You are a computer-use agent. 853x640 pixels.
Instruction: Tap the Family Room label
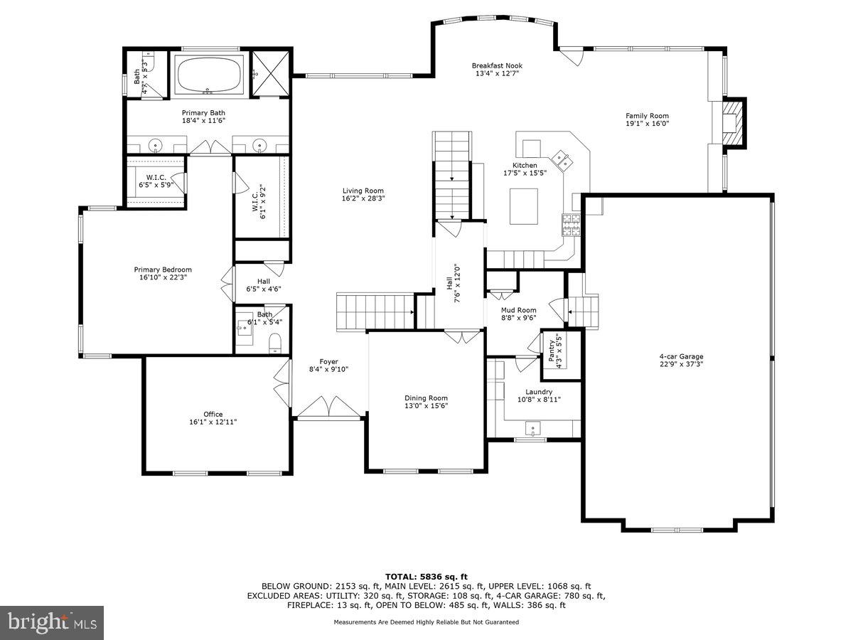(647, 116)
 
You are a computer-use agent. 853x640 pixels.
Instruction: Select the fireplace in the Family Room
(732, 122)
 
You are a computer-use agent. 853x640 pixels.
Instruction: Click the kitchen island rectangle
(525, 206)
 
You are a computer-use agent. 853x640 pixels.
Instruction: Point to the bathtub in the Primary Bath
(210, 75)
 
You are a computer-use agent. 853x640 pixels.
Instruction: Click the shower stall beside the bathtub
(269, 73)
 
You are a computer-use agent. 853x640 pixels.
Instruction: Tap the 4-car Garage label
(682, 357)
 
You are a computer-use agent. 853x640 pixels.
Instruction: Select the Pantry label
(552, 347)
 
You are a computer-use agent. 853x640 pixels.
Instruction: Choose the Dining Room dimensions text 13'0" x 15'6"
(426, 406)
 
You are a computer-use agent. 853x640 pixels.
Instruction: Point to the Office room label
(213, 414)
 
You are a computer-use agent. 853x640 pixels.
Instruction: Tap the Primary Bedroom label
(163, 270)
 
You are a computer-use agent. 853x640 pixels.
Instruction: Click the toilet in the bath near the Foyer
(276, 344)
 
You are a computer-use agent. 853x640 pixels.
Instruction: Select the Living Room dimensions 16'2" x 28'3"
(363, 199)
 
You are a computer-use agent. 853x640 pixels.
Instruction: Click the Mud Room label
(518, 310)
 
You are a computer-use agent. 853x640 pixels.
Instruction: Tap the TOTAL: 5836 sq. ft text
(426, 577)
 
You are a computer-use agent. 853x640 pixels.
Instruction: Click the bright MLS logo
(52, 623)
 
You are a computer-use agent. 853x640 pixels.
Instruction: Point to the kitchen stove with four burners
(571, 225)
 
